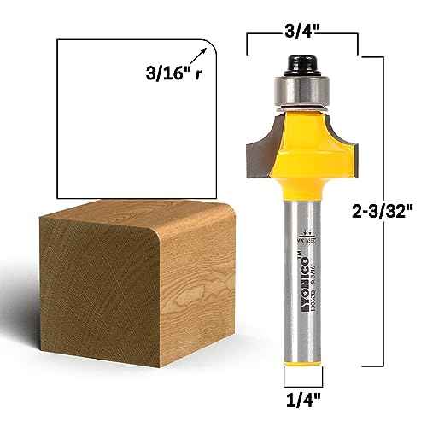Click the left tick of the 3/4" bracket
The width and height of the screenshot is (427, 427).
249,41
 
